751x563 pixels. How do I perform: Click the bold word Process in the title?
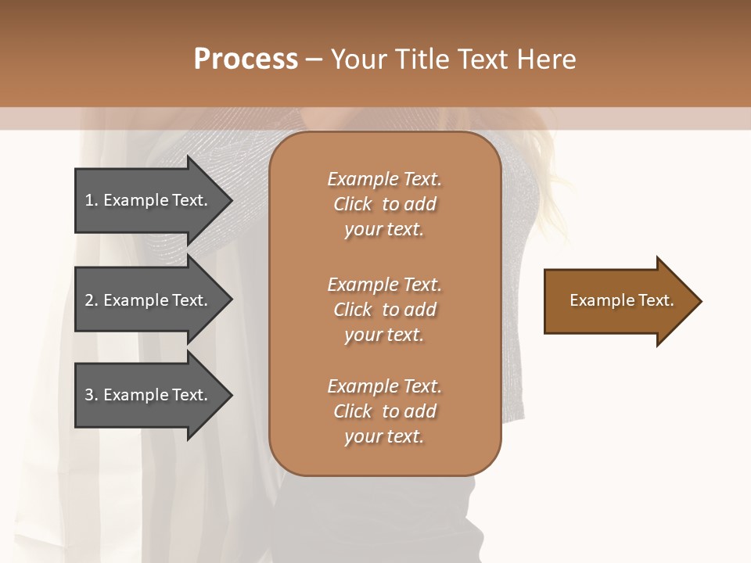pyautogui.click(x=246, y=59)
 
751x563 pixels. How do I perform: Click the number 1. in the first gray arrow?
pyautogui.click(x=92, y=200)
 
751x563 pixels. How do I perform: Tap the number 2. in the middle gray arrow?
pyautogui.click(x=92, y=300)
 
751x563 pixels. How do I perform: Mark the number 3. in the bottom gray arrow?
pyautogui.click(x=92, y=395)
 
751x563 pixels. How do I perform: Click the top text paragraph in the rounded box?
pyautogui.click(x=384, y=204)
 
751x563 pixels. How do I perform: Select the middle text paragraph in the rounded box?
pyautogui.click(x=384, y=310)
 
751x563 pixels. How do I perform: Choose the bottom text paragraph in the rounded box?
pyautogui.click(x=384, y=411)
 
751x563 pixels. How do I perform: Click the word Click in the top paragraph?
pyautogui.click(x=353, y=204)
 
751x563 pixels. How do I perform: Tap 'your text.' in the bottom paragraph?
pyautogui.click(x=384, y=436)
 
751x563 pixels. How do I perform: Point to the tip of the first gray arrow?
pyautogui.click(x=231, y=201)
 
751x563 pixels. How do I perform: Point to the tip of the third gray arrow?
pyautogui.click(x=231, y=396)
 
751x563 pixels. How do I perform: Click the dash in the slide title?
pyautogui.click(x=314, y=59)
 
